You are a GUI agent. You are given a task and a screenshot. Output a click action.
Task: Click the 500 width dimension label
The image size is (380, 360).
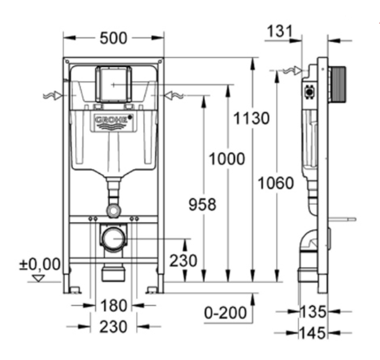pyautogui.click(x=113, y=38)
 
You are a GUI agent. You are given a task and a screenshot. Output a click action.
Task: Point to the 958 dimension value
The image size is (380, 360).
pyautogui.click(x=202, y=204)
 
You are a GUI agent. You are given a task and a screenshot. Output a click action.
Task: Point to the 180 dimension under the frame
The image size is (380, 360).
pyautogui.click(x=113, y=305)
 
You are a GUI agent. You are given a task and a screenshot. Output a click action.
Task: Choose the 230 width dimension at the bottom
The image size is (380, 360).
pyautogui.click(x=113, y=326)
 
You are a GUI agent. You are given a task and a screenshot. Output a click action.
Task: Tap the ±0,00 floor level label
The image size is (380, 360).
pyautogui.click(x=40, y=264)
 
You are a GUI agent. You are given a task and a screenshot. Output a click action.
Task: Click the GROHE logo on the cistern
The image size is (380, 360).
pyautogui.click(x=113, y=121)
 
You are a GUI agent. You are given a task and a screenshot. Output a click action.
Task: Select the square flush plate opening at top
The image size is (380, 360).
pyautogui.click(x=113, y=85)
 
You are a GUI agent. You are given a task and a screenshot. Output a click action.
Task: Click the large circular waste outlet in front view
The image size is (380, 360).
pyautogui.click(x=113, y=239)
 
